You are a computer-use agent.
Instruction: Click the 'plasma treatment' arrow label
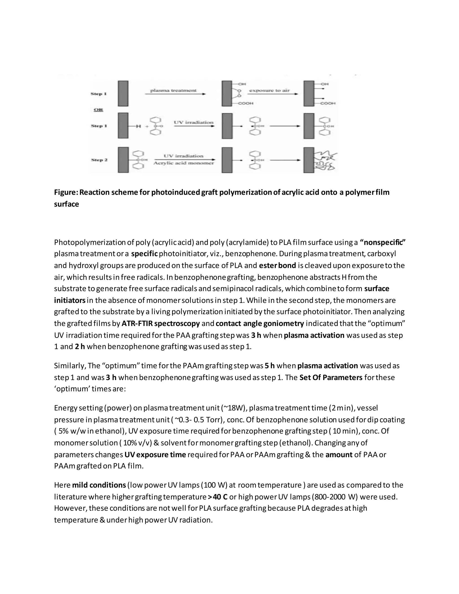[x=173, y=90]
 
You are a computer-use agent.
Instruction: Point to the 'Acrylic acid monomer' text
[x=184, y=163]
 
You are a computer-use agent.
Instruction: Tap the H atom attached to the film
[x=138, y=126]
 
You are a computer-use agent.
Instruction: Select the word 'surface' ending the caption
[x=66, y=204]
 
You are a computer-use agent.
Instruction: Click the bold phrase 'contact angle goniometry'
[x=260, y=323]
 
